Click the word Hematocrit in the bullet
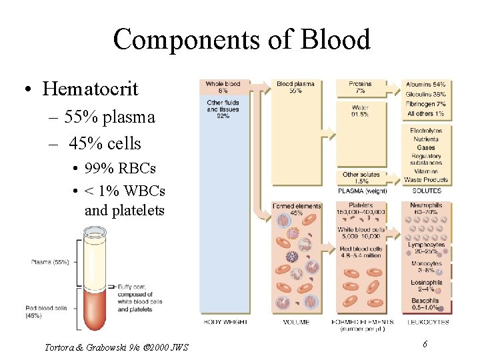(x=90, y=88)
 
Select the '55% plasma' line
(x=110, y=117)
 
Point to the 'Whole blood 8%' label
(x=223, y=87)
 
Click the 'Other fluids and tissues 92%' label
(x=223, y=109)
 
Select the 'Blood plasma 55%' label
(x=295, y=87)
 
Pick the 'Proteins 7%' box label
(x=360, y=87)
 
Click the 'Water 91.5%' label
(x=360, y=110)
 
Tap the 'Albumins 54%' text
(x=426, y=85)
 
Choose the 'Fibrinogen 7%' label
(x=426, y=104)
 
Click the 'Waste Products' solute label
(x=426, y=180)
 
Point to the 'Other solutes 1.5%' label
(x=360, y=178)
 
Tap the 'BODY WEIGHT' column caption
(x=225, y=322)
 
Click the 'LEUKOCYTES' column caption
(x=426, y=322)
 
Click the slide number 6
(x=424, y=343)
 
